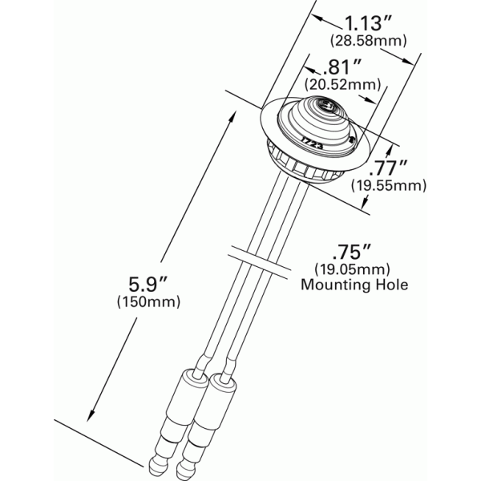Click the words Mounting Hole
click(354, 284)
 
